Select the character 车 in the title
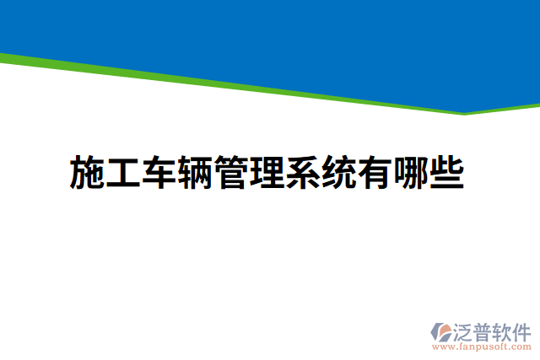pyautogui.click(x=157, y=173)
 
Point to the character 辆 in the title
pyautogui.click(x=193, y=173)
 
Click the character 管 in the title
pyautogui.click(x=229, y=173)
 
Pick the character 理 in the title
pyautogui.click(x=266, y=173)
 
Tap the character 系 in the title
pyautogui.click(x=302, y=173)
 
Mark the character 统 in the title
pyautogui.click(x=337, y=173)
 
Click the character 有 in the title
pyautogui.click(x=374, y=173)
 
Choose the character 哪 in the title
pyautogui.click(x=410, y=173)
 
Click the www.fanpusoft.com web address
pyautogui.click(x=481, y=346)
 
